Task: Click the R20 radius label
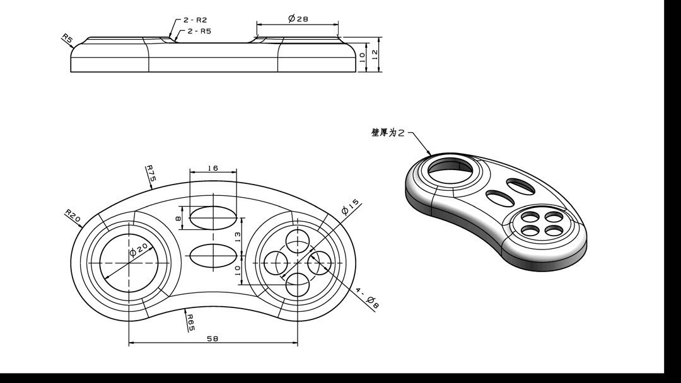click(x=73, y=216)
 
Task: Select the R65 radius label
click(x=190, y=322)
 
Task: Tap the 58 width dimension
click(x=212, y=339)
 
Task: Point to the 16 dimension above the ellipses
click(x=212, y=168)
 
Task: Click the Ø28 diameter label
click(x=298, y=19)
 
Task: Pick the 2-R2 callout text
click(x=195, y=20)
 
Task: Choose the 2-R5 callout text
click(x=199, y=31)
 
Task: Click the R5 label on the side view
click(x=67, y=39)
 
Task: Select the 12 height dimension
click(x=375, y=55)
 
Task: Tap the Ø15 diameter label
click(x=351, y=206)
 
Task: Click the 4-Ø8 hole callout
click(x=367, y=299)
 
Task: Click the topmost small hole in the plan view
click(x=298, y=240)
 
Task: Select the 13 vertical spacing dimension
click(x=238, y=237)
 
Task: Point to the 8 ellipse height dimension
click(x=178, y=218)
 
